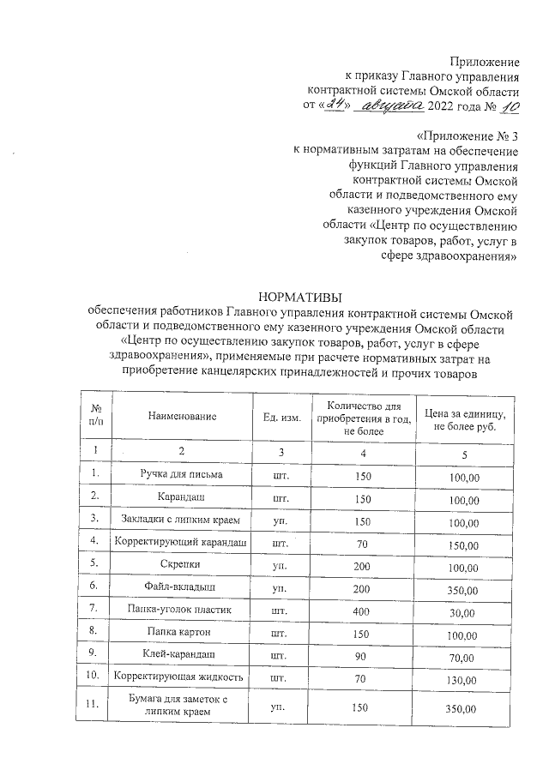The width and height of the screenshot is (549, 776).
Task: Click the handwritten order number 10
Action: coord(508,106)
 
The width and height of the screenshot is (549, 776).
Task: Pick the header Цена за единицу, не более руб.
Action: coord(464,418)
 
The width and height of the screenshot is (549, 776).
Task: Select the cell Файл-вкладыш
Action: coord(182,587)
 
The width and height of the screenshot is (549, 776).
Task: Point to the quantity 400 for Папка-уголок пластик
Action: coord(364,610)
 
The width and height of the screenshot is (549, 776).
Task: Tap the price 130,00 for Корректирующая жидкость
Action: coord(464,678)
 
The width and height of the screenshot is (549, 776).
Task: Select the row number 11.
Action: coord(97,705)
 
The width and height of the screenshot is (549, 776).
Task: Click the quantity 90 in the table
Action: coord(364,655)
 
